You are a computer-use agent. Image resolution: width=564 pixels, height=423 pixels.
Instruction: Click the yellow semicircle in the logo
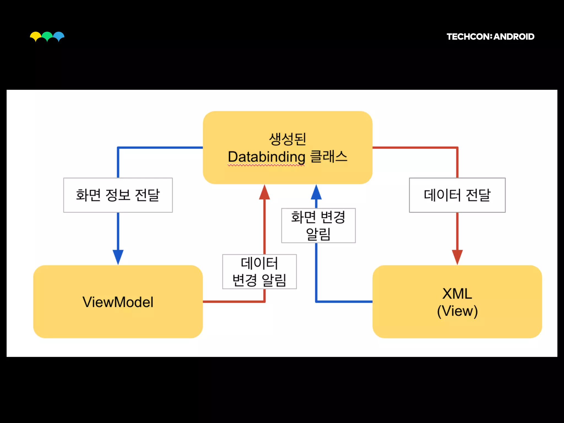[35, 36]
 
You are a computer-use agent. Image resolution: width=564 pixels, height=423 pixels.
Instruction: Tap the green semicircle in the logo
[47, 36]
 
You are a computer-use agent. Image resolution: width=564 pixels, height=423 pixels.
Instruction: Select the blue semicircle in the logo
[59, 36]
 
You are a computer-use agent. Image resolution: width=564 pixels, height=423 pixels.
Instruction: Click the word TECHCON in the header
[468, 37]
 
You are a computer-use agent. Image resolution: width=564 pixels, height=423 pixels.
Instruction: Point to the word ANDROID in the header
[514, 37]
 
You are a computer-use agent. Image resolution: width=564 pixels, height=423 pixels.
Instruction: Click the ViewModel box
[118, 302]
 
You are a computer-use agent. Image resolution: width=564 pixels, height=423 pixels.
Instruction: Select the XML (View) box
[457, 302]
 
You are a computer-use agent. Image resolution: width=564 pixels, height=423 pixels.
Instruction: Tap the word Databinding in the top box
[267, 157]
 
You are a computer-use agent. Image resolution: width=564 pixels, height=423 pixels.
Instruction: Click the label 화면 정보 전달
[118, 195]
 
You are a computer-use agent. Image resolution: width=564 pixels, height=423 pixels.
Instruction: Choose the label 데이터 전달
[457, 195]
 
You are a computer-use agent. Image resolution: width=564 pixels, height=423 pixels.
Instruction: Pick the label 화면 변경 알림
[318, 226]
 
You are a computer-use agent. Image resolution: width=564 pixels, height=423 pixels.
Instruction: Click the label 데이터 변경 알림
[259, 272]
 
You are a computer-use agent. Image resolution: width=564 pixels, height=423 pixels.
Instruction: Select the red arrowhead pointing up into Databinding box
[264, 192]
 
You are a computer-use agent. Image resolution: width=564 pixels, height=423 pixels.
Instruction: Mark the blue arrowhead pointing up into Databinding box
[316, 192]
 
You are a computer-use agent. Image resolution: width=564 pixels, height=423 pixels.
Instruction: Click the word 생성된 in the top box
[288, 139]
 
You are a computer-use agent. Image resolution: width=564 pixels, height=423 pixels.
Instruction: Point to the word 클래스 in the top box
[329, 157]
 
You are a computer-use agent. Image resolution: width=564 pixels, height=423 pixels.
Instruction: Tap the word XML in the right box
[457, 294]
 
